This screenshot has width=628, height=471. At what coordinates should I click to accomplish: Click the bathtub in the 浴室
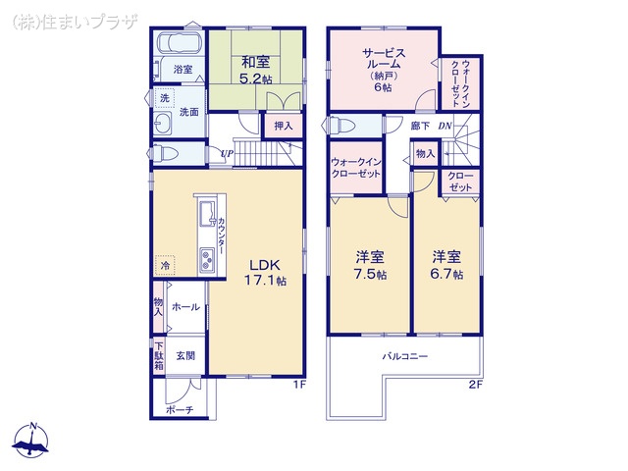180,45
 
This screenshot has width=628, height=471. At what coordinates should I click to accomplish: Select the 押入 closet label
283,126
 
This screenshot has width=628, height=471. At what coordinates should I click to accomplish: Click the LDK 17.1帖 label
265,272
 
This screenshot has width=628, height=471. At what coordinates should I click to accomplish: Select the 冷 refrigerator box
165,266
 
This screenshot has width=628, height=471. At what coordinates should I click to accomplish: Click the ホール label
185,307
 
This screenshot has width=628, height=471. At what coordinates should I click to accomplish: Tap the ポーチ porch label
179,409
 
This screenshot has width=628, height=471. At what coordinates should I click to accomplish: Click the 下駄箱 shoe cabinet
159,355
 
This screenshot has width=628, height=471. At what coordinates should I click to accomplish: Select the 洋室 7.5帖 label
370,265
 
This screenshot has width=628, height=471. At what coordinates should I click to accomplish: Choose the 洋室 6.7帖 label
447,265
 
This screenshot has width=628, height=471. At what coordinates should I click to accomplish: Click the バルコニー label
405,356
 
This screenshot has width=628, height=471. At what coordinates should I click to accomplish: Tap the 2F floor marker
475,385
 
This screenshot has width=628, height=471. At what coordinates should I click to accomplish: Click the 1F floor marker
300,385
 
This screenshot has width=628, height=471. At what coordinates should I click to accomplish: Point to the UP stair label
227,153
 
